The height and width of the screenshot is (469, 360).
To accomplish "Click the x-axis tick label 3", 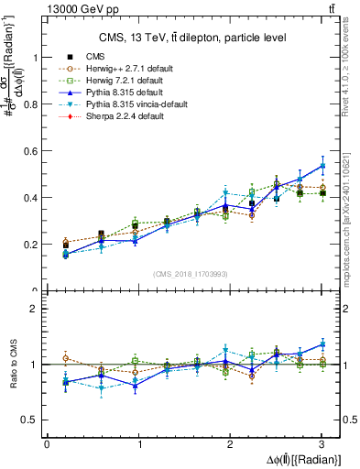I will click(322, 444).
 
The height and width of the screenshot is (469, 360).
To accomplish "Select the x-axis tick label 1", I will click(138, 444).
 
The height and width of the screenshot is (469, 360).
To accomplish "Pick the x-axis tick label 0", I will click(47, 444).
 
